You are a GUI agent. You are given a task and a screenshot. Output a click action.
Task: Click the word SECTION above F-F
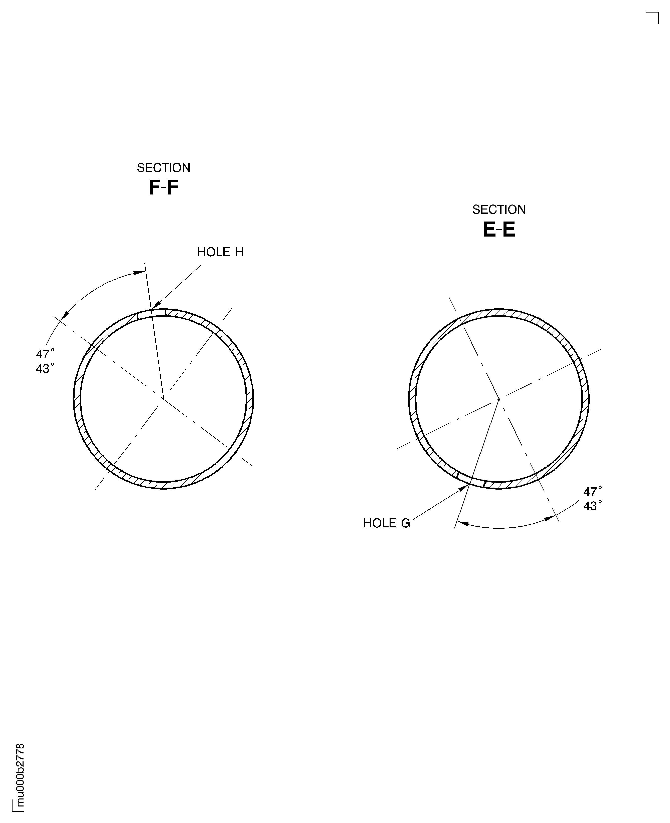(164, 168)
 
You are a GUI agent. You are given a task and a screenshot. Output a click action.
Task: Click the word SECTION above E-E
(499, 210)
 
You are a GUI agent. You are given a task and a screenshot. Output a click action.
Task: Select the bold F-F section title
(164, 188)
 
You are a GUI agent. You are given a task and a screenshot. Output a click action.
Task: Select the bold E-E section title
(499, 230)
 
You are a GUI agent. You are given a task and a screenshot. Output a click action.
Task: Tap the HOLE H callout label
(220, 252)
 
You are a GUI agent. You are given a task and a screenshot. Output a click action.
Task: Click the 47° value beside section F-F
(45, 354)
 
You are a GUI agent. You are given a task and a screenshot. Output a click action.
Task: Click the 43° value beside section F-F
(45, 368)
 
